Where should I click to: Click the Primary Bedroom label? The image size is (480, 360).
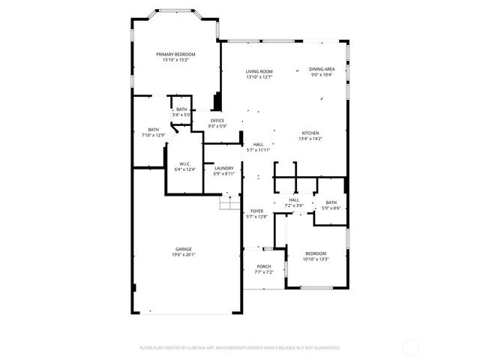pos(175,55)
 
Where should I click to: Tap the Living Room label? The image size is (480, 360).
pos(259,71)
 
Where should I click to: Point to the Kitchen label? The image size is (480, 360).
pos(310,133)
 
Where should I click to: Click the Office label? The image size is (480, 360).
pos(217,120)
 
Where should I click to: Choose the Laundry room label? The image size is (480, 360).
pos(224,168)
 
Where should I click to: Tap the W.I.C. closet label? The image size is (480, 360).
pos(184,164)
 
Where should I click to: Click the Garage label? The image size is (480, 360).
pos(184,249)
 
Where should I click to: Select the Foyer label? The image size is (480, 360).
pos(256,211)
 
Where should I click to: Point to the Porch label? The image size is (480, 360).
pos(264,266)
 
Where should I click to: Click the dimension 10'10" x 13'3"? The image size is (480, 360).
pos(315,259)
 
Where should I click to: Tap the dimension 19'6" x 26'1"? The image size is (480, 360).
pos(184,254)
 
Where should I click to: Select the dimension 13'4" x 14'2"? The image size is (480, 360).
pos(310,138)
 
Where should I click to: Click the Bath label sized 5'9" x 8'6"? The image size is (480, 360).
pos(331,202)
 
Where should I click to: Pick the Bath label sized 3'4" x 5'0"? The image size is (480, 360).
pos(182,109)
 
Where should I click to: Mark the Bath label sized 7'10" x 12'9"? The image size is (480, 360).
pos(153,130)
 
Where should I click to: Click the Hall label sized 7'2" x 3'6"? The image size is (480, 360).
pos(294,199)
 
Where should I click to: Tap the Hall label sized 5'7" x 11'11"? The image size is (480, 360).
pos(258,144)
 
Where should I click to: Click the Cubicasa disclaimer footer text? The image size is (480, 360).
pos(240,347)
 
